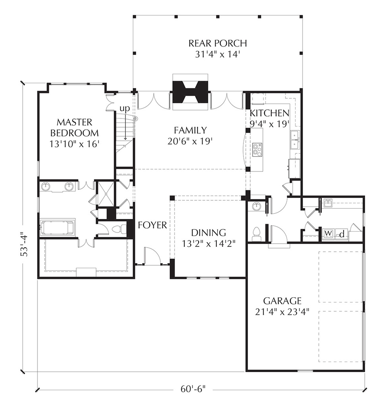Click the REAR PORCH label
217,43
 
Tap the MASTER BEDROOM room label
74,128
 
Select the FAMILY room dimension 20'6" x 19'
190,141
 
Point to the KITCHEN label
269,113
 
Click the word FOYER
152,225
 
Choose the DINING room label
208,233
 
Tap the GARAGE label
282,301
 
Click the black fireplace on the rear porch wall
191,92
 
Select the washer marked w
328,234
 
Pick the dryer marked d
342,234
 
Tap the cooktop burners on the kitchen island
257,150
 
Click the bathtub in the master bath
57,227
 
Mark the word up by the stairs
124,109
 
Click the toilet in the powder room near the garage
256,234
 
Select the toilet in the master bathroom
117,229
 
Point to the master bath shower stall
105,194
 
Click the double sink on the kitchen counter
295,140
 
